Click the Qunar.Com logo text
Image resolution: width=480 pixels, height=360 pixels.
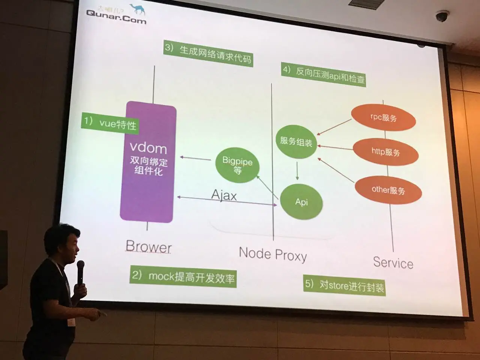pos(116,16)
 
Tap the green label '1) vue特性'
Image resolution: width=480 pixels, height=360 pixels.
pos(110,123)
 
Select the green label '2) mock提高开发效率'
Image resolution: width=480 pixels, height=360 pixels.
pos(183,277)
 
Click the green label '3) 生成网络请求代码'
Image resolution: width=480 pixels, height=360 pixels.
pos(208,54)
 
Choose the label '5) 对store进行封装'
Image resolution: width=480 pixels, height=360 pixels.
pos(344,286)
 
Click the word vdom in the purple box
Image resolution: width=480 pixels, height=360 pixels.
pos(148,148)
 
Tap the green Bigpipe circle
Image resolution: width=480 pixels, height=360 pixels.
pos(237,165)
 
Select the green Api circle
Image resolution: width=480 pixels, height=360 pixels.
pos(301,202)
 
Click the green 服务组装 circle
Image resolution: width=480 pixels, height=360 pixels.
pos(296,141)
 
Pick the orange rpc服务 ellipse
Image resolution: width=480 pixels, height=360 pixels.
pos(383,118)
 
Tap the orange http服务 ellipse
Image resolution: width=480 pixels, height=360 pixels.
pos(385,151)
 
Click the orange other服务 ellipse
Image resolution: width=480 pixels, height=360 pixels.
pos(388,190)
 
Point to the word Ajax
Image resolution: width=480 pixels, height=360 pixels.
pos(224,195)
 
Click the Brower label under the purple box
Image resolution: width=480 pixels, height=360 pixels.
pos(148,246)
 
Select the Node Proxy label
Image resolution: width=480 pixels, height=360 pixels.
pos(273,254)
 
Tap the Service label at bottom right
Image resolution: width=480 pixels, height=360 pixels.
pos(393,262)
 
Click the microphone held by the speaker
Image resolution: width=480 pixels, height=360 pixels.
pos(80,271)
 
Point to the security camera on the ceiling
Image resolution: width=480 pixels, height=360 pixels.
pos(442,16)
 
